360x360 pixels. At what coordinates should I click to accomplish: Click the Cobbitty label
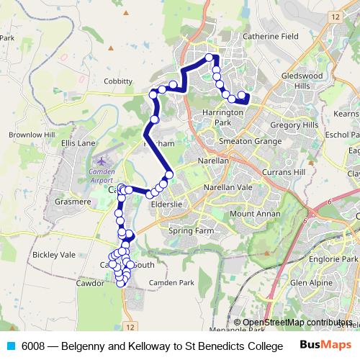(x=118, y=81)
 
